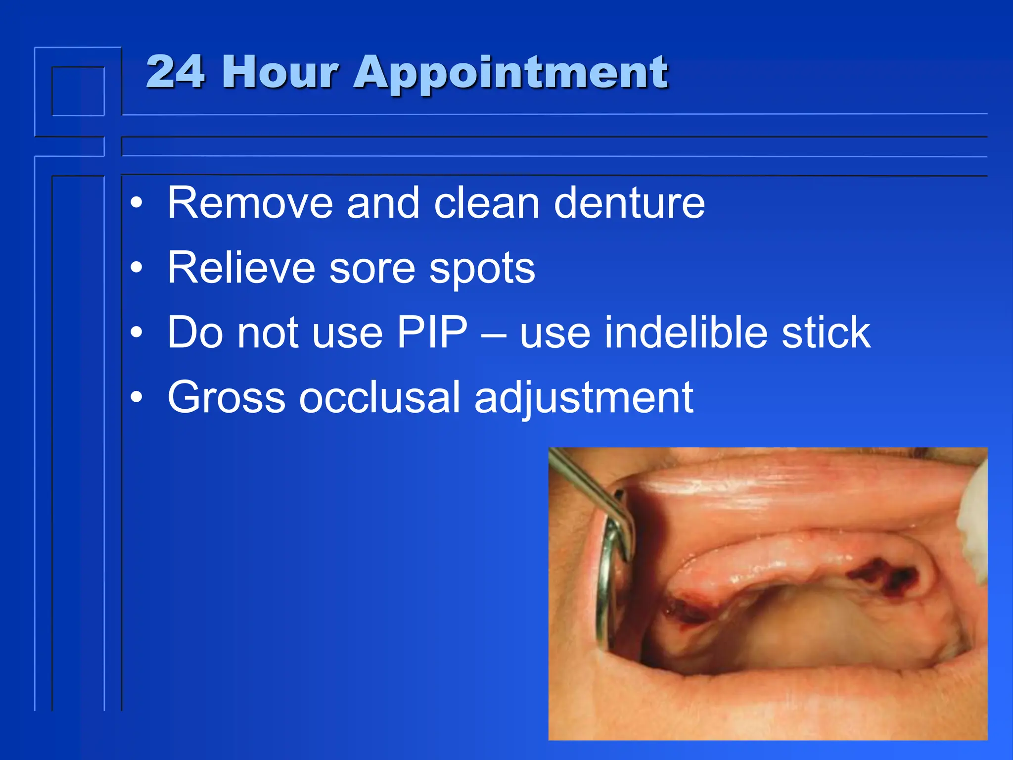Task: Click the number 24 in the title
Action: tap(175, 72)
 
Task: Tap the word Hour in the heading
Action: tap(280, 72)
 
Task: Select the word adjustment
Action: tap(584, 399)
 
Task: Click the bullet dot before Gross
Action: tap(137, 397)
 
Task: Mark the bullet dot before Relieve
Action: tap(137, 268)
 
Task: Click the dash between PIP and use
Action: tap(493, 335)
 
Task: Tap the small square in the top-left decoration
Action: tap(78, 92)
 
